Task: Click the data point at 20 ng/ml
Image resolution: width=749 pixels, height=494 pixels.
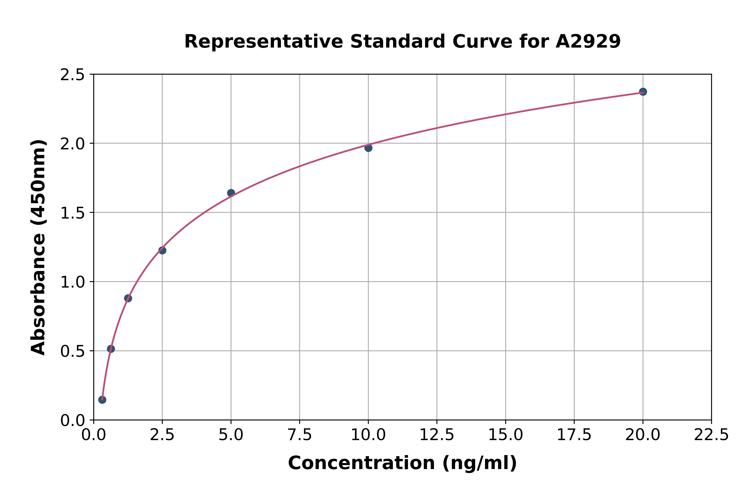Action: click(x=643, y=92)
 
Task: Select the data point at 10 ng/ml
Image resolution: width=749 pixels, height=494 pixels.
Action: click(x=368, y=148)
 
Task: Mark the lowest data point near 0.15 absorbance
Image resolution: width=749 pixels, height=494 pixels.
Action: click(x=102, y=400)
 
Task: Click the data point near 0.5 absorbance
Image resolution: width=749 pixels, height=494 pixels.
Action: click(x=111, y=349)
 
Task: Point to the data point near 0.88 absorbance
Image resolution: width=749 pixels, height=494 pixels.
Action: click(x=128, y=298)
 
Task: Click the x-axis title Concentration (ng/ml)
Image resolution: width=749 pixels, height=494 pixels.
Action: click(x=402, y=463)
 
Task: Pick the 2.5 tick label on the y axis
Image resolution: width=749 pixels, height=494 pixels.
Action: click(x=73, y=75)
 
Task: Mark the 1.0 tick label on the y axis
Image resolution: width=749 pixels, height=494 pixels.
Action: click(x=73, y=282)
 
